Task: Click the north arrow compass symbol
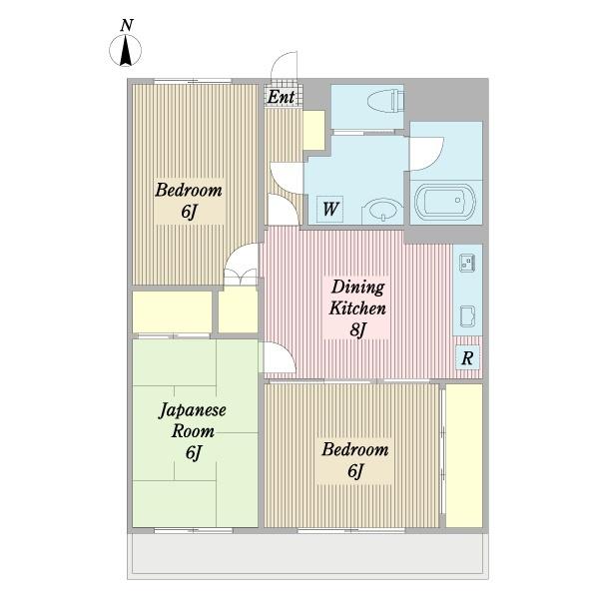(x=126, y=51)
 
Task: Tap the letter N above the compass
(x=127, y=26)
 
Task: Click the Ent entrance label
(x=282, y=97)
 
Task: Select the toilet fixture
(x=385, y=101)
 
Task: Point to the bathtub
(x=445, y=202)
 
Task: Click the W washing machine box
(x=330, y=209)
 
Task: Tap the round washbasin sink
(x=382, y=211)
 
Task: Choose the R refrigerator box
(x=467, y=358)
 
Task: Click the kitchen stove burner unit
(x=467, y=263)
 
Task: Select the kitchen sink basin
(x=467, y=315)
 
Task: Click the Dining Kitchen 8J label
(x=357, y=307)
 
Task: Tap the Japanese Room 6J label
(x=192, y=431)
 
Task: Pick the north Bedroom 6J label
(x=189, y=201)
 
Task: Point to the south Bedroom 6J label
(x=354, y=460)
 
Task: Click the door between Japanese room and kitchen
(x=280, y=356)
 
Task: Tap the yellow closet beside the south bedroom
(x=464, y=455)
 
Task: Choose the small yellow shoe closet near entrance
(x=314, y=130)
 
